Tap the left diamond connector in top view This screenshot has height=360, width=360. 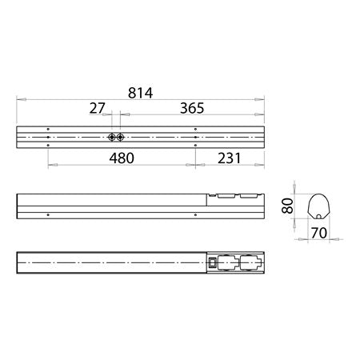111,137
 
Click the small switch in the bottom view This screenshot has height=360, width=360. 214,262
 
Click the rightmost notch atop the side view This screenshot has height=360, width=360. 250,194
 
